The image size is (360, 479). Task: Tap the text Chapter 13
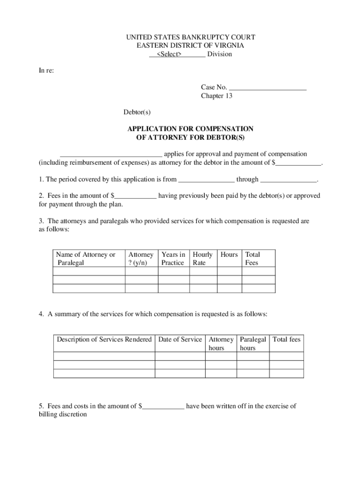click(216, 96)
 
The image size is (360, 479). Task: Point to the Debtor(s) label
click(137, 112)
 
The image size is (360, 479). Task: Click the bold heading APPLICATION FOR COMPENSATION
click(190, 129)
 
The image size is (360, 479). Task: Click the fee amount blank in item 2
click(136, 196)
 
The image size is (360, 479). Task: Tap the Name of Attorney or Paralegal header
click(85, 259)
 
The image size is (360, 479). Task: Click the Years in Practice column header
click(173, 259)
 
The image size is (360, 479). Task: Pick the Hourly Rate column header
click(202, 259)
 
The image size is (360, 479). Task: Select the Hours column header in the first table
click(229, 255)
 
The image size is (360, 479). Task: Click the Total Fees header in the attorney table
click(252, 259)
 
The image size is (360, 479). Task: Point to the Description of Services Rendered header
click(104, 340)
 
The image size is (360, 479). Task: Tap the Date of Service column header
click(180, 340)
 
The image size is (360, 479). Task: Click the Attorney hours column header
click(221, 344)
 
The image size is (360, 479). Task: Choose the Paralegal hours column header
click(252, 344)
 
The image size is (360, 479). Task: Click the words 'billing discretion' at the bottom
click(63, 415)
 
